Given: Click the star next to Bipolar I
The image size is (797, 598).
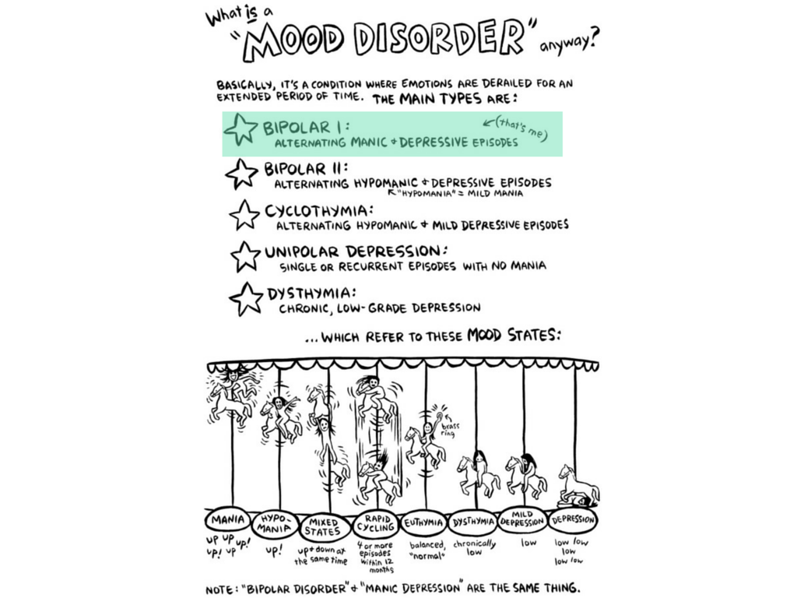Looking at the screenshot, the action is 241,129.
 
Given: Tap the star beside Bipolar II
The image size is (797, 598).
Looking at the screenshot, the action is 241,174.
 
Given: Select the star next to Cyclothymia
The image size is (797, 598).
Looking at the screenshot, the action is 244,215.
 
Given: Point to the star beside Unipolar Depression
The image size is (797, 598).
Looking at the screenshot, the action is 246,256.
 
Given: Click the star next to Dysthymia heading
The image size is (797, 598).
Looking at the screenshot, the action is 247,298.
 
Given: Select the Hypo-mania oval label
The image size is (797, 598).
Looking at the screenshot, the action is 276,522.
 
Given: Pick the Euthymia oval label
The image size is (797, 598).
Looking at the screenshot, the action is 425,521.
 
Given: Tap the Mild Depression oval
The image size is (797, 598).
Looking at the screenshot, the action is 522,519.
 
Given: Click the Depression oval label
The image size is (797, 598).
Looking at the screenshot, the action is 574,519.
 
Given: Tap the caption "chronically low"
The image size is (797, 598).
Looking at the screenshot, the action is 473,548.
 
